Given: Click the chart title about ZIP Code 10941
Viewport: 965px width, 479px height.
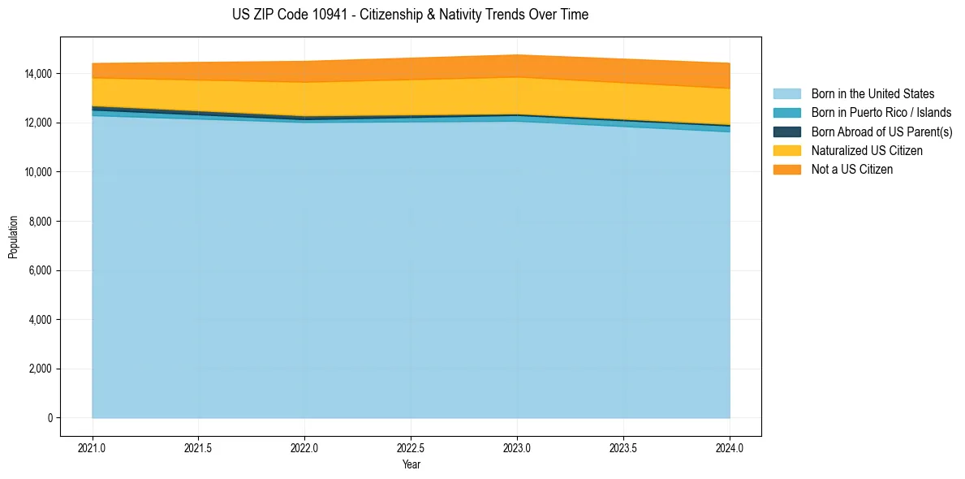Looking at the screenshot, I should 410,15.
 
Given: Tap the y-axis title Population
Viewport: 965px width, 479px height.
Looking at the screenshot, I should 12,237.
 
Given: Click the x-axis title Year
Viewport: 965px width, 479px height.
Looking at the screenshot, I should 411,464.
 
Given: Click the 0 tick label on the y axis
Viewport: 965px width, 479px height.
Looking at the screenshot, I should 50,418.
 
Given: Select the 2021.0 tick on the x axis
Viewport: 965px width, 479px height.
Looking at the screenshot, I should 93,447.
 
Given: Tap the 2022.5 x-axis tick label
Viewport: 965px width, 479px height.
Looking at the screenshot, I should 411,447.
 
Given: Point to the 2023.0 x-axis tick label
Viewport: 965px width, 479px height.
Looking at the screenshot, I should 517,447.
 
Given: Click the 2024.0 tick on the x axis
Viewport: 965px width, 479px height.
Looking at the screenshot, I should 730,447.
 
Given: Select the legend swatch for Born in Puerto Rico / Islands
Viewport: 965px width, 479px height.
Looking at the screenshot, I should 786,113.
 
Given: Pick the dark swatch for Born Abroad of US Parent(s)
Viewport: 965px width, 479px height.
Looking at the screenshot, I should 786,132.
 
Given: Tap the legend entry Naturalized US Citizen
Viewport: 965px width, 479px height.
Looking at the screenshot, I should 867,151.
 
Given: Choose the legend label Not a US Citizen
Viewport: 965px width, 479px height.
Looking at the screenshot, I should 852,170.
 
